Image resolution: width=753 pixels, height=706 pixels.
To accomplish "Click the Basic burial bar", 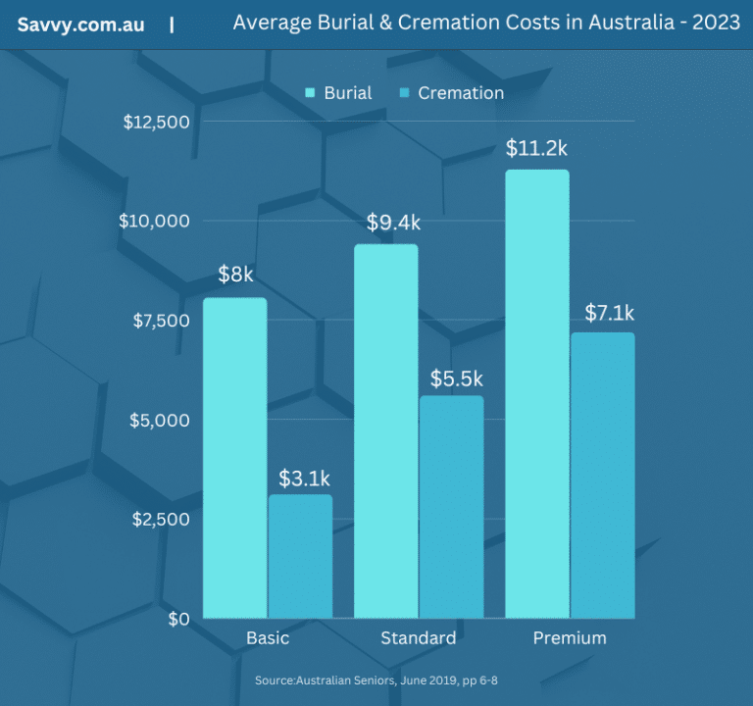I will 234,458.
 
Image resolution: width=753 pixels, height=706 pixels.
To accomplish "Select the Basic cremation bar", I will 300,556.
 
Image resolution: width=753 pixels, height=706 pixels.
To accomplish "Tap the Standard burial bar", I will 385,431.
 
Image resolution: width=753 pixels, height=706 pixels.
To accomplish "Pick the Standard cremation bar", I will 451,507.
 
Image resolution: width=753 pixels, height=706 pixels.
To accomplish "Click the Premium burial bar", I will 536,394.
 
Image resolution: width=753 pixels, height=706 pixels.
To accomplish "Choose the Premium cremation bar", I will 602,476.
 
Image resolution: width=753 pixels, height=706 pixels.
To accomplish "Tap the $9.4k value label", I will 393,223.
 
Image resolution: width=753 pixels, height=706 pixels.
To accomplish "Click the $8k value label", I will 235,275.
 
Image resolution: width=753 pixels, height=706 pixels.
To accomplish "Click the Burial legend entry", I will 339,93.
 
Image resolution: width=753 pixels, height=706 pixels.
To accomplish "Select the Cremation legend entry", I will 452,93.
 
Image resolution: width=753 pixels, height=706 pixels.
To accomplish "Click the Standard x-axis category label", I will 418,638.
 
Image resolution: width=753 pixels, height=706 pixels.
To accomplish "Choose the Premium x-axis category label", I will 570,638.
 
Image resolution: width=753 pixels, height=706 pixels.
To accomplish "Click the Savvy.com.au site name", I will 80,25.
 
